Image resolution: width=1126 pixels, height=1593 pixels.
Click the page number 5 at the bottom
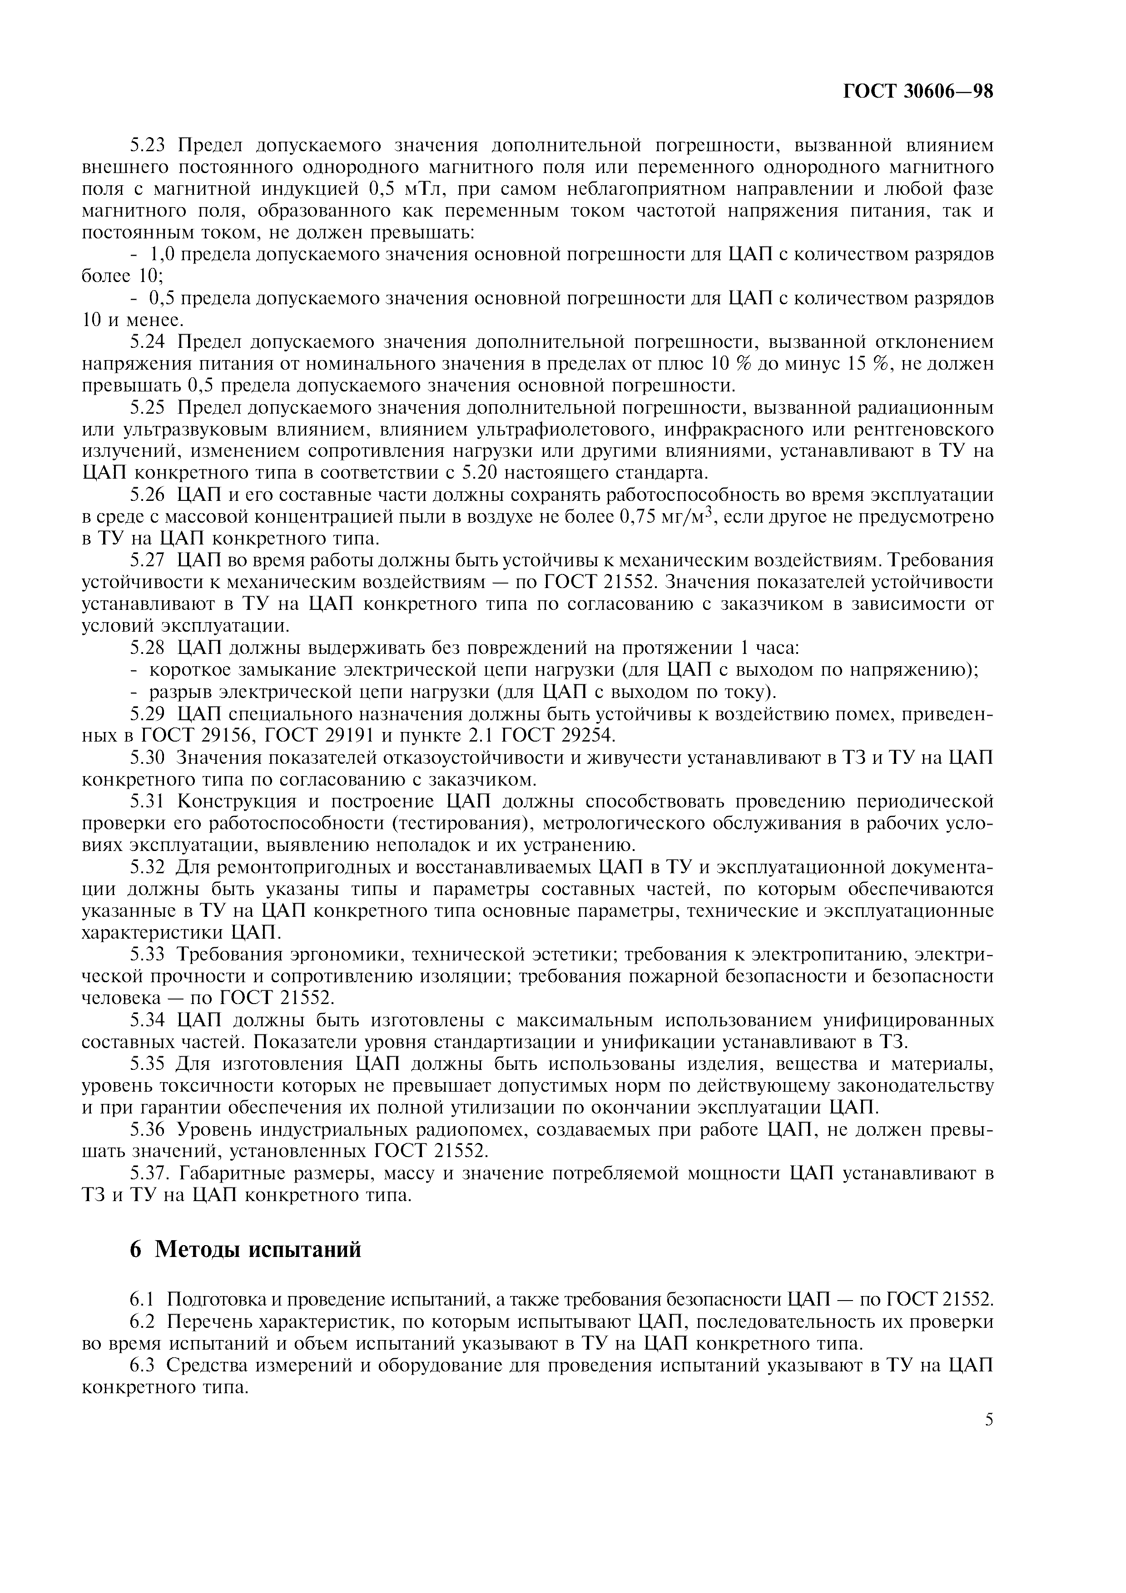[x=989, y=1420]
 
